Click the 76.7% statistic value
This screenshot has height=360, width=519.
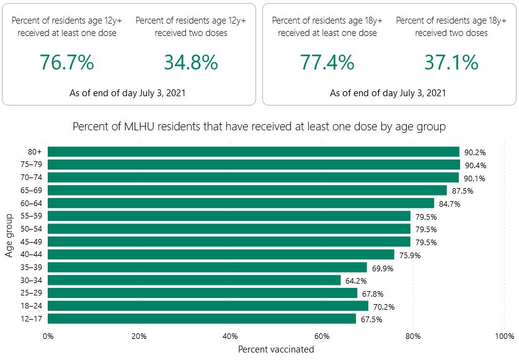[x=67, y=62]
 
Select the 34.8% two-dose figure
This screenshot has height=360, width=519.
[x=191, y=62]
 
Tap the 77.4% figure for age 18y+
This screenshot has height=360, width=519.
[x=327, y=62]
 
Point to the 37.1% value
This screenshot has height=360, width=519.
[x=451, y=62]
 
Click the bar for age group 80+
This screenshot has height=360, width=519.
[x=253, y=151]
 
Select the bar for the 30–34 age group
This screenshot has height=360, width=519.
[x=194, y=280]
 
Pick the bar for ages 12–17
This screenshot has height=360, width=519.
[x=202, y=318]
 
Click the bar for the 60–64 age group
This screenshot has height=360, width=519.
[x=241, y=203]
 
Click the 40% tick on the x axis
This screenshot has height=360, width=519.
[x=231, y=336]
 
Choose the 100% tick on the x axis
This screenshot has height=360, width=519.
[x=505, y=336]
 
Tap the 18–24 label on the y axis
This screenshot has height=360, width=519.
[x=32, y=306]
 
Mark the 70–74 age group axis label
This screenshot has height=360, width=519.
[x=32, y=178]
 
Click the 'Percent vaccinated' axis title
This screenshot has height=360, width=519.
[x=276, y=349]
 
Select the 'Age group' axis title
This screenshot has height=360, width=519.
[x=9, y=235]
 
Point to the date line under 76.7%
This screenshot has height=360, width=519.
[x=128, y=93]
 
